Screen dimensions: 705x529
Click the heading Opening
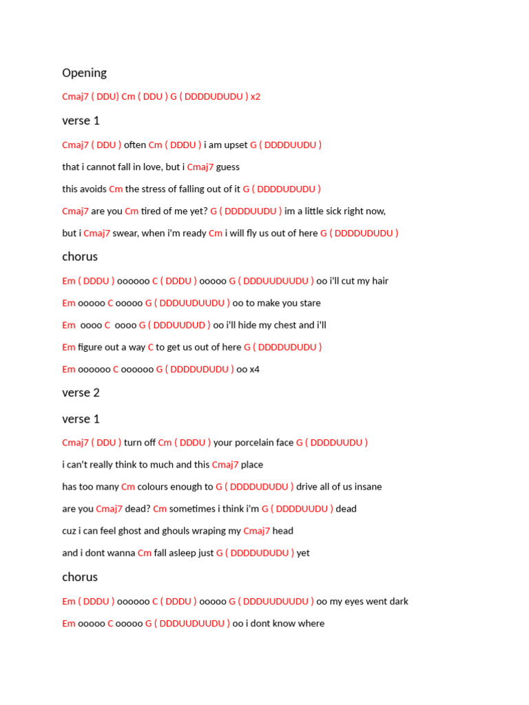[84, 73]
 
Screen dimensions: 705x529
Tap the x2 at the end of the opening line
[256, 96]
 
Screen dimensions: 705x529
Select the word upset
[234, 145]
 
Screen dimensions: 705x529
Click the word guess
[228, 167]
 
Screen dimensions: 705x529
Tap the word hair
[380, 281]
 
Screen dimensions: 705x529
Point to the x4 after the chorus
[254, 369]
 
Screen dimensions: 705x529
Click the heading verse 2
[81, 392]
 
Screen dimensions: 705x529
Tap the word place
[252, 465]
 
